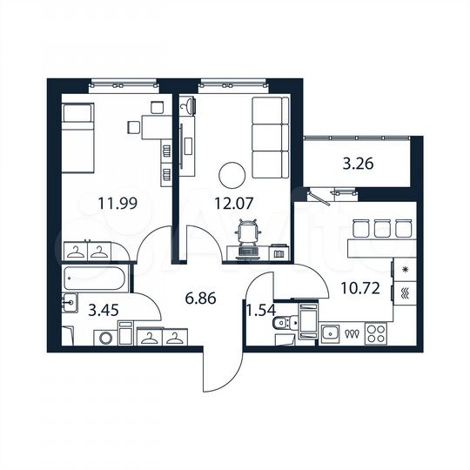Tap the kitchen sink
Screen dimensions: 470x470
(332, 332)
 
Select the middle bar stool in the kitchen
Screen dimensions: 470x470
(382, 229)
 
